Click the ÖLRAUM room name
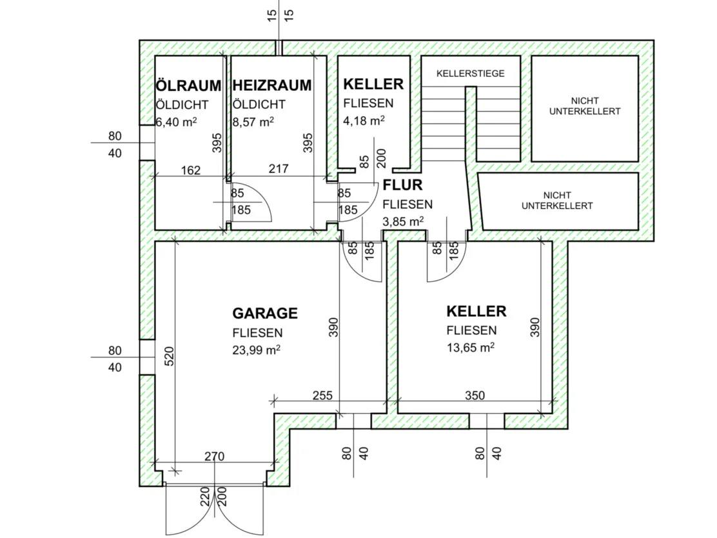[188, 85]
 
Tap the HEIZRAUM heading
[272, 85]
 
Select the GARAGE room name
[265, 314]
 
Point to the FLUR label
[402, 185]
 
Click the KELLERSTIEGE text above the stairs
[471, 74]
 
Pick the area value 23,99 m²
[256, 350]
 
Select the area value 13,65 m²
[471, 347]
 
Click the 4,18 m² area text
[364, 121]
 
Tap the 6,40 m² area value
[177, 122]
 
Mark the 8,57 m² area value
[253, 122]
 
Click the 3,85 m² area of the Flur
[404, 221]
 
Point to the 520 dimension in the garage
[169, 356]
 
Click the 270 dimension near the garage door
[215, 457]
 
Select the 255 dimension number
[322, 395]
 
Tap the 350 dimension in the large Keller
[475, 395]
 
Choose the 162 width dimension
[191, 171]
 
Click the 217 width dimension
[279, 169]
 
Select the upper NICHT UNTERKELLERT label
[585, 106]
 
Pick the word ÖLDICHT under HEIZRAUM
[259, 105]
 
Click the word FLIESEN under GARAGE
[257, 333]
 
